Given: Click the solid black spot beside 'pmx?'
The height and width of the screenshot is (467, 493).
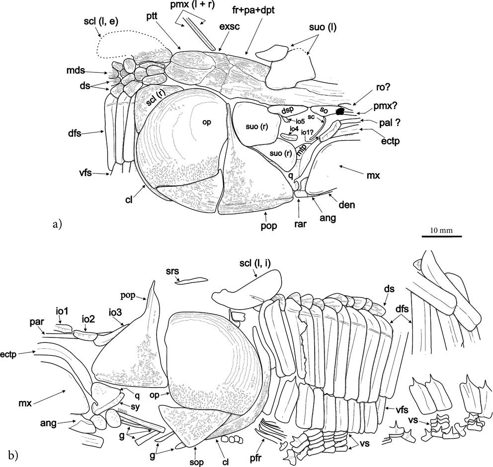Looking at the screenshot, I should coord(340,112).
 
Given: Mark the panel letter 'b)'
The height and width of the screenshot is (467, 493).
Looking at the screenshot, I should coord(14,454).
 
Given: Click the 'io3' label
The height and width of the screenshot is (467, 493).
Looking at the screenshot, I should coord(117,312).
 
